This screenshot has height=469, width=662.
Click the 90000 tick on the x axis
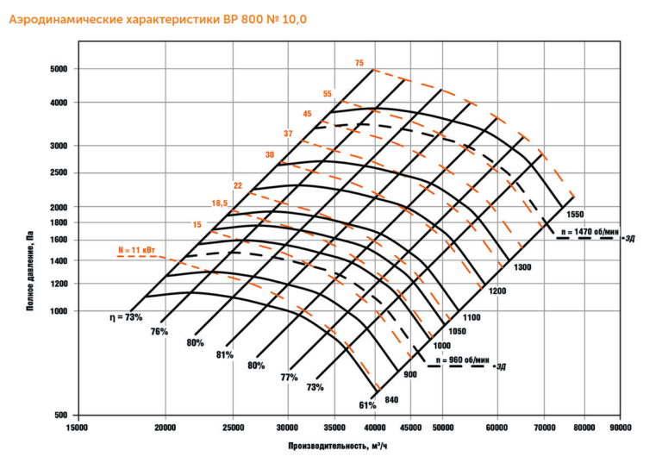click(x=619, y=427)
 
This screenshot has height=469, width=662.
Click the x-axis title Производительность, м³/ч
click(x=344, y=447)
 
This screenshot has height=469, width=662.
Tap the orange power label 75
click(x=359, y=63)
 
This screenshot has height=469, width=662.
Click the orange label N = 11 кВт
click(x=136, y=250)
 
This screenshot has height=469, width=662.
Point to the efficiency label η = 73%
click(x=126, y=317)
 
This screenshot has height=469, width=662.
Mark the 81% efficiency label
click(x=225, y=355)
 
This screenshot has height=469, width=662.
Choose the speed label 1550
click(x=576, y=213)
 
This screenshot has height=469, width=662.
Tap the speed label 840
click(x=392, y=399)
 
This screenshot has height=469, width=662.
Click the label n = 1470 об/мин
click(x=589, y=232)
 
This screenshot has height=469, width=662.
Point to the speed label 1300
click(x=522, y=267)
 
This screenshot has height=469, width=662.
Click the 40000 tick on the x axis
click(x=375, y=427)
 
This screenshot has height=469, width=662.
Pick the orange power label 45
click(x=307, y=114)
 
